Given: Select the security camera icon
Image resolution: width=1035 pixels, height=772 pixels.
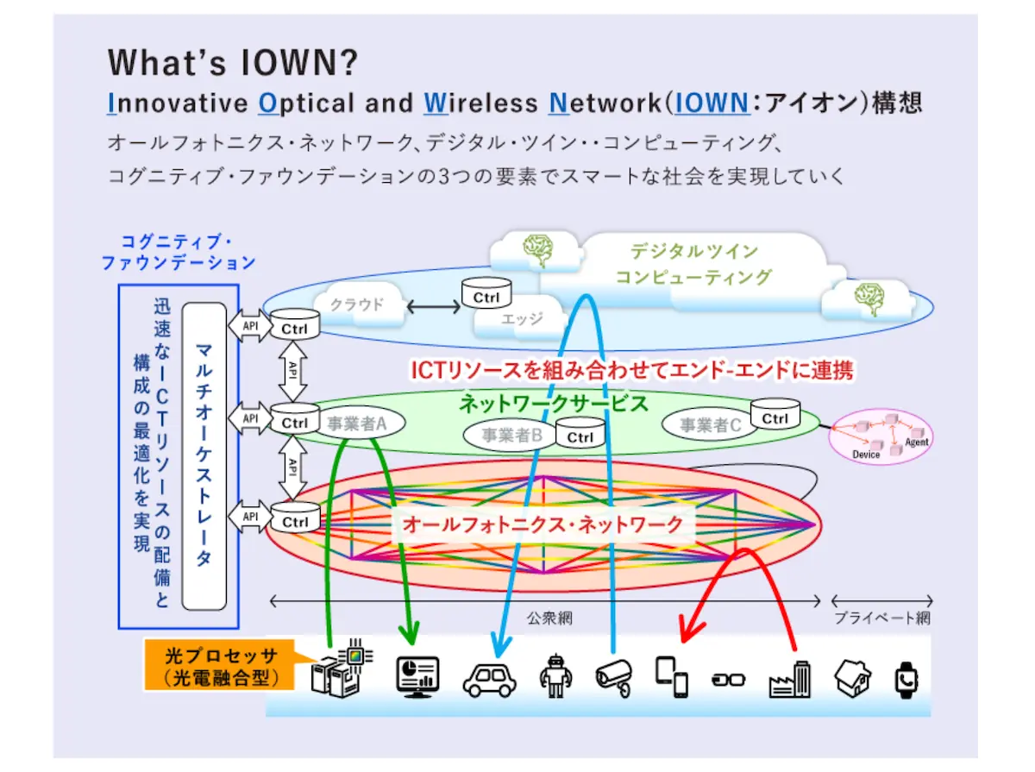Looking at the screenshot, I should click(x=614, y=677).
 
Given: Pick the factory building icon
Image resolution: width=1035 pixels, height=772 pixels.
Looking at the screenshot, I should click(x=790, y=678).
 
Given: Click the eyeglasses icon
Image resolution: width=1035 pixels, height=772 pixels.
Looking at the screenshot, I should click(x=728, y=680).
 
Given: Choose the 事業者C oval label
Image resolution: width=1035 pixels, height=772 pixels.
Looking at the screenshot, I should click(x=710, y=424).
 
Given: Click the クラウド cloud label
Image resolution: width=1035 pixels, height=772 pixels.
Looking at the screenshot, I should click(x=356, y=305).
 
